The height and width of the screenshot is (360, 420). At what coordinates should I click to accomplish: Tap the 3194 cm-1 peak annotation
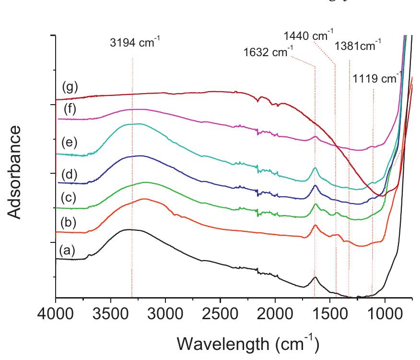pos(133,43)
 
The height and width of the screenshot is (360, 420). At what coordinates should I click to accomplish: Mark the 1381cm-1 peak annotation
pos(358,46)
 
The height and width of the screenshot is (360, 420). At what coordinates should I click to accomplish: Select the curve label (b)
pos(67,223)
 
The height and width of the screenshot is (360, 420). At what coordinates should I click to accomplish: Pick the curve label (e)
pos(70,143)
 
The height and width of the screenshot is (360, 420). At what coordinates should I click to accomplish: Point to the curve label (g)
pos(70,87)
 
